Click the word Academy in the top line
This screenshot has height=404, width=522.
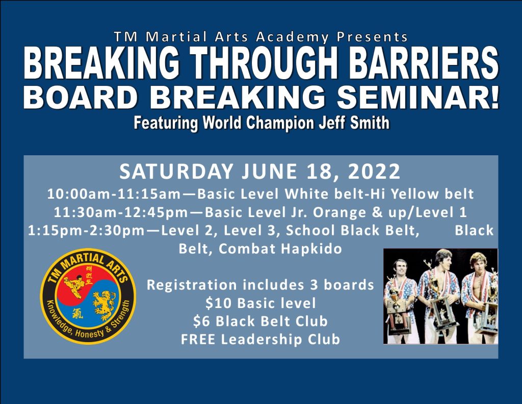tap(292, 37)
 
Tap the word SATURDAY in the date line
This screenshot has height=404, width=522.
tap(176, 171)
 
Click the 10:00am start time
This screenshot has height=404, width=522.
tap(78, 194)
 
